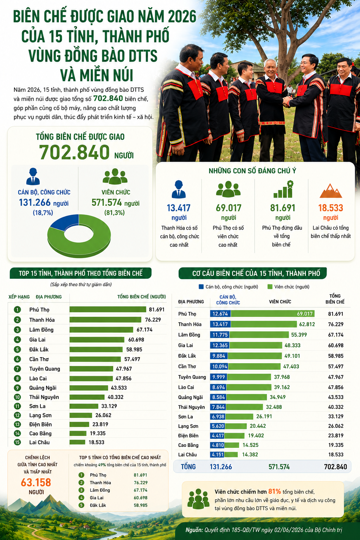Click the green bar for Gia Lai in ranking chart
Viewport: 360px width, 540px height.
click(97, 340)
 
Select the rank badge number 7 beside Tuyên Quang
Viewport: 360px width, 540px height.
click(17, 368)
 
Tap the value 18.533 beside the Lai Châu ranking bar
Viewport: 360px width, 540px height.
click(96, 442)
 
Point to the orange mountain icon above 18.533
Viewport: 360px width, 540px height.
click(330, 191)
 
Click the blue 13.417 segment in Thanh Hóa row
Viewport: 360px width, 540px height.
click(220, 324)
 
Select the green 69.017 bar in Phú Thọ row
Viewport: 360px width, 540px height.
click(273, 314)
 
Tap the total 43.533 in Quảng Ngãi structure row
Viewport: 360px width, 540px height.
click(336, 397)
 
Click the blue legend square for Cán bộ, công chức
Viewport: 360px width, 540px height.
click(201, 287)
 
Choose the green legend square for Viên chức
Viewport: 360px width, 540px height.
click(270, 287)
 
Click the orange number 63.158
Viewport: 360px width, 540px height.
click(36, 482)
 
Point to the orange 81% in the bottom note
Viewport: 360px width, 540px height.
click(275, 491)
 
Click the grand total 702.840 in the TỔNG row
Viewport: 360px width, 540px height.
click(335, 467)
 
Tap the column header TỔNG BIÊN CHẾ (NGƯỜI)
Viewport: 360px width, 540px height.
click(142, 297)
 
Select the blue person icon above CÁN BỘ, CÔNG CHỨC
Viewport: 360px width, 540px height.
click(33, 176)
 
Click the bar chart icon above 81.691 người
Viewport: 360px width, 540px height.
click(283, 189)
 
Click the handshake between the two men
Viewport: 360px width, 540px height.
click(287, 101)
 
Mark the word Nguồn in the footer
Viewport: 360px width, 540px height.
click(194, 530)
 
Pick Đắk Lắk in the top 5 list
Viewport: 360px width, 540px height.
click(98, 505)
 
